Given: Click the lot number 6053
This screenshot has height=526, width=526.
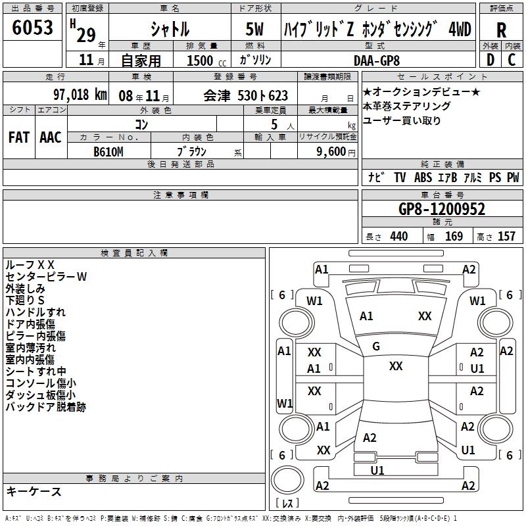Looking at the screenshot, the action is pos(32,28).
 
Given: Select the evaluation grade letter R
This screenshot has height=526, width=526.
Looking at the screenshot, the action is pos(501,30).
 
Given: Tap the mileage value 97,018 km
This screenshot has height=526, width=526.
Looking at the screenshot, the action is pos(80,95).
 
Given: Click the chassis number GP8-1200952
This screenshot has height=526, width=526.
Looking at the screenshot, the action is pos(442,209).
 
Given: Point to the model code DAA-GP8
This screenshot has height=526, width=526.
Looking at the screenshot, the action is pos(376,60).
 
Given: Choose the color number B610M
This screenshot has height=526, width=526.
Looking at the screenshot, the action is pos(108,152).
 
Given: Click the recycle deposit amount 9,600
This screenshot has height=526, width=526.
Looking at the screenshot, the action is pos(331,152).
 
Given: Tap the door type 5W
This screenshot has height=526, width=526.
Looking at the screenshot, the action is pos(254,29).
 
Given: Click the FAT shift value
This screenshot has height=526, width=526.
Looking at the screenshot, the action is pos(19,137).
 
